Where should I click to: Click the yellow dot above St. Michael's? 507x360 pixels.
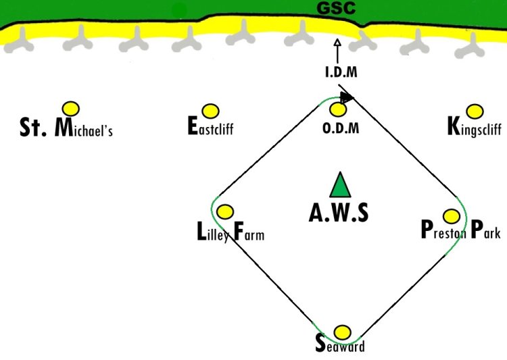point(71,109)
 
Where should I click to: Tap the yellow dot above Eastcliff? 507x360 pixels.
point(210,111)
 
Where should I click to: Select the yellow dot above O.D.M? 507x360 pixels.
point(338,109)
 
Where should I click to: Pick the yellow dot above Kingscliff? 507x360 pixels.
point(475,111)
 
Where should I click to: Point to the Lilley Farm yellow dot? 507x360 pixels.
point(225,211)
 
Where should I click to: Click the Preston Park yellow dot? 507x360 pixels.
point(452,216)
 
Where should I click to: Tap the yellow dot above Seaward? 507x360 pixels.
point(342,332)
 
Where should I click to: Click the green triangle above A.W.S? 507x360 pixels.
point(340,185)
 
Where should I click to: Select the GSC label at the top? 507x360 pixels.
point(336,8)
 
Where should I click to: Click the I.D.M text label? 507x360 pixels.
point(341,72)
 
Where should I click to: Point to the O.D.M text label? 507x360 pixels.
point(341,128)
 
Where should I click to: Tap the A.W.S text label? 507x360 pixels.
point(339,213)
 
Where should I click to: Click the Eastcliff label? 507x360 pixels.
point(210,126)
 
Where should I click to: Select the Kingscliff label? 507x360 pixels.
point(475,127)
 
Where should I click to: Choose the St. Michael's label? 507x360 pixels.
point(66,128)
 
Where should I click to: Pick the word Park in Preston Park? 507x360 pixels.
point(485,230)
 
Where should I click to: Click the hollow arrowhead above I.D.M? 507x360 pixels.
point(337,43)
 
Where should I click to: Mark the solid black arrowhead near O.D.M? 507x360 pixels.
point(347,97)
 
